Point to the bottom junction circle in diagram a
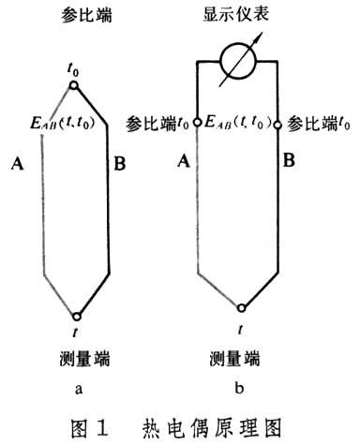pos(77,316)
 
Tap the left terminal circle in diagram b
pos(199,122)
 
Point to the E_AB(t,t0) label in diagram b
pos(240,122)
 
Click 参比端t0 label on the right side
pos(318,122)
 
